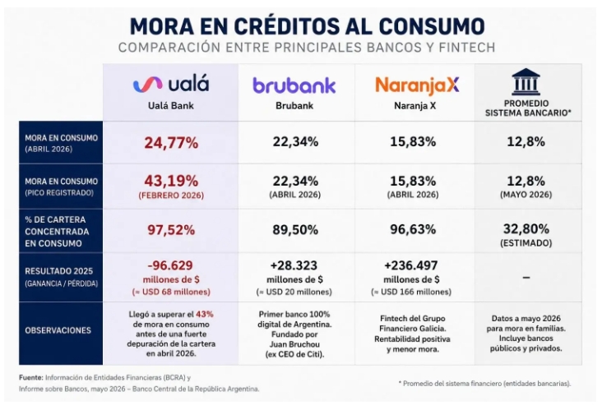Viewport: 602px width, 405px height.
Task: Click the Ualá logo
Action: coord(171,85)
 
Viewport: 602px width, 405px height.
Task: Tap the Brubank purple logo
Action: coord(294,85)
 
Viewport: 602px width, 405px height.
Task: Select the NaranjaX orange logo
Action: coord(417,86)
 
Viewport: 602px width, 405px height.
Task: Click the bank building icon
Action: coord(526,81)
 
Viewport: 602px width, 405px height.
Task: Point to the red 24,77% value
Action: coord(171,143)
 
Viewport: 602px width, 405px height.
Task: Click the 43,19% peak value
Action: coord(171,180)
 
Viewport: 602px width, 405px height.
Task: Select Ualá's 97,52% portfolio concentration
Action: coord(171,230)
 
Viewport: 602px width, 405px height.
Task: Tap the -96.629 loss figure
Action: coord(170,265)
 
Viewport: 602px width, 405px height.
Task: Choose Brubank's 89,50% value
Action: coord(295,230)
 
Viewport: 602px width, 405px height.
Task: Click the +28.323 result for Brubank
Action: coord(294,265)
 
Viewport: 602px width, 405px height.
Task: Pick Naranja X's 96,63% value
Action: coord(413,229)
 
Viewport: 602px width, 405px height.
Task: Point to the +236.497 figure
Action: coord(411,265)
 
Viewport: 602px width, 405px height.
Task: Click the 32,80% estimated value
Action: coord(526,229)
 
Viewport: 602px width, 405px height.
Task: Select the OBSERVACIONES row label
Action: coord(58,330)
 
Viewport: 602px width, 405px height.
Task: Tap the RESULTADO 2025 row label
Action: coord(58,271)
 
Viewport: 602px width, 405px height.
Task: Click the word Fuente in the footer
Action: coord(31,378)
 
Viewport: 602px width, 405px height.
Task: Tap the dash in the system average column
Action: coord(526,278)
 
